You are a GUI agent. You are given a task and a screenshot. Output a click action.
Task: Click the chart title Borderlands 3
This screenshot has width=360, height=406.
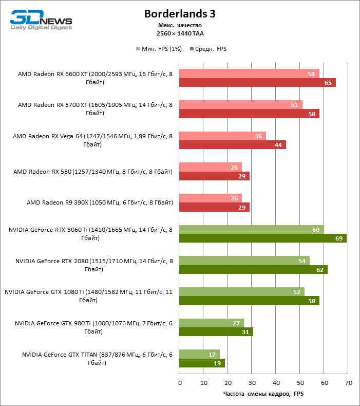coord(179,14)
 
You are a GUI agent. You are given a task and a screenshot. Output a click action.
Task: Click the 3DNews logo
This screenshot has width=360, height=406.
coord(42,20)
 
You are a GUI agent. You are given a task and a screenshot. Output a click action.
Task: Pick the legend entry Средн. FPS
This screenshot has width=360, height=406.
coord(208,49)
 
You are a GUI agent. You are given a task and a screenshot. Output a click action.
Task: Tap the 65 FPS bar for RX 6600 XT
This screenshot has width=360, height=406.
coord(257,82)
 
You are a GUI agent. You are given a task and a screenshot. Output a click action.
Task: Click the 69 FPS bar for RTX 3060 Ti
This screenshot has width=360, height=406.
coord(262,238)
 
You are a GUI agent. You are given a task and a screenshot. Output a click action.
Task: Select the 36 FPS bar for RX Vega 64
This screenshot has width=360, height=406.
coord(222,136)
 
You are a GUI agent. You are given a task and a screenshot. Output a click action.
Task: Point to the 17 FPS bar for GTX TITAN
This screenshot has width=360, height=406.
coord(199,354)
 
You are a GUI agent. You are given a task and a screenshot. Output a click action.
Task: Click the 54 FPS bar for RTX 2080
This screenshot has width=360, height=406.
coord(244,261)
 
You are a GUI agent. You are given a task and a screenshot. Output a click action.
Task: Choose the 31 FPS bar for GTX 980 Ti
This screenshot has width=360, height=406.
coord(216,332)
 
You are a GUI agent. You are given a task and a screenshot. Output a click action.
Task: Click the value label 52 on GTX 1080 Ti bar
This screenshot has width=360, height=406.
coord(297,292)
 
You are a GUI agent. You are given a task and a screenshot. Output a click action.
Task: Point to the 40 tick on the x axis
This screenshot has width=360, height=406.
coord(276,383)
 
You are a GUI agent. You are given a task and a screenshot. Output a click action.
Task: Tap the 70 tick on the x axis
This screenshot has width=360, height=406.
coord(348,383)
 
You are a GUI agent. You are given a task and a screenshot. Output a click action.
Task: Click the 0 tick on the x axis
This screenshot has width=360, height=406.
coord(180,383)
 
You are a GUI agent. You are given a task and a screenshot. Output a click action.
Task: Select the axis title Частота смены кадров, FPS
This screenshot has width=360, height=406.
coord(263,394)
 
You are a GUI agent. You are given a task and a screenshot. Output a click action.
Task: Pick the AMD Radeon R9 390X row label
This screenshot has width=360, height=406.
coord(100,202)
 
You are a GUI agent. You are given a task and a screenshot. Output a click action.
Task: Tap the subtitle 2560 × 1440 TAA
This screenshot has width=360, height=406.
coord(180,33)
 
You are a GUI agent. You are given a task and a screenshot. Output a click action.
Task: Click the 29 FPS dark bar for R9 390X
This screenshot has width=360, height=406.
coord(214,207)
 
